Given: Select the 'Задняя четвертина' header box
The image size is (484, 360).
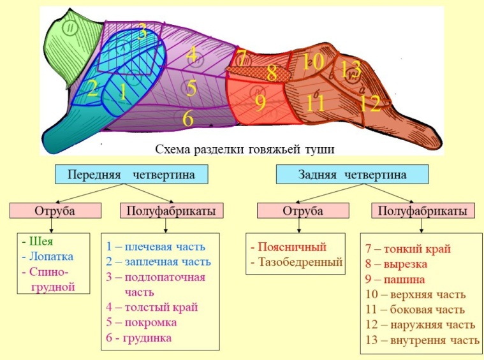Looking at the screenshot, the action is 351,174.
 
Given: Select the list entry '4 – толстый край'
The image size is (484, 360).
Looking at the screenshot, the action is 152,307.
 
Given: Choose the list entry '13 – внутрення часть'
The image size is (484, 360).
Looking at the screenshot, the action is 422,340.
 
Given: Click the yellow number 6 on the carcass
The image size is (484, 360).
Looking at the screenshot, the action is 187,119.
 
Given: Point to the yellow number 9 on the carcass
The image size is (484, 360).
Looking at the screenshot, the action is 260,103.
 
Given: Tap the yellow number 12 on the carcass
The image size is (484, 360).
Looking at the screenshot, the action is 369,103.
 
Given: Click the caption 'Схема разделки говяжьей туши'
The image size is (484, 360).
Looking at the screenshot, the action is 246,149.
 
